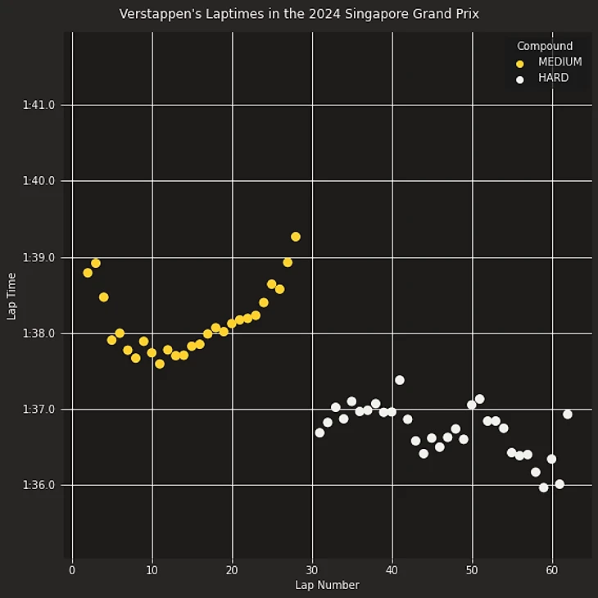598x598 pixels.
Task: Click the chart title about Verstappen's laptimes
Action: click(x=299, y=14)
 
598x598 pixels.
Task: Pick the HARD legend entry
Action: click(x=553, y=79)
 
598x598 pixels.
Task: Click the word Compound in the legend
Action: click(x=545, y=46)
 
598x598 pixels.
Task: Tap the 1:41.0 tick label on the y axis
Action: click(x=39, y=105)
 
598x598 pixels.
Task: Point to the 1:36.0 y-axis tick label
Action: click(x=39, y=486)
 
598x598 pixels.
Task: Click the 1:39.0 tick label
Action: click(x=39, y=257)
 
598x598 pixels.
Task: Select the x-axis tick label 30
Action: click(x=312, y=570)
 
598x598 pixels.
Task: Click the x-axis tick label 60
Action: click(x=552, y=570)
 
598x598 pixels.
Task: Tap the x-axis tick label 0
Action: click(x=72, y=570)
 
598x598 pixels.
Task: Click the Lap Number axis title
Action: click(x=327, y=585)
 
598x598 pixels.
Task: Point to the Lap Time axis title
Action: click(x=11, y=297)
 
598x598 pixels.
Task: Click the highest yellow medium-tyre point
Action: click(x=296, y=237)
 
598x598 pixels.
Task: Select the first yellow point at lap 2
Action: click(x=88, y=273)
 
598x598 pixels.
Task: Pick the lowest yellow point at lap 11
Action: click(x=160, y=364)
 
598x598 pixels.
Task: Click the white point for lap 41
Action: click(x=400, y=380)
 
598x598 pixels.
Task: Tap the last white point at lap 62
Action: click(x=568, y=415)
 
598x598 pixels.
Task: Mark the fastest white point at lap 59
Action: click(x=544, y=487)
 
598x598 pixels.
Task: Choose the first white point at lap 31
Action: click(x=319, y=433)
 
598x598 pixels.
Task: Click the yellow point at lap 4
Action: click(x=104, y=297)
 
